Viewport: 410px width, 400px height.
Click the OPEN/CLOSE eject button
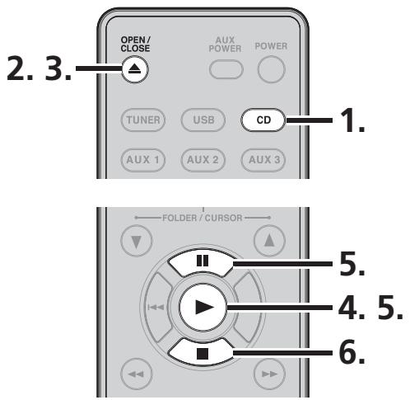pyautogui.click(x=133, y=72)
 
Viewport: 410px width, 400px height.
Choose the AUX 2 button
pyautogui.click(x=202, y=157)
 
